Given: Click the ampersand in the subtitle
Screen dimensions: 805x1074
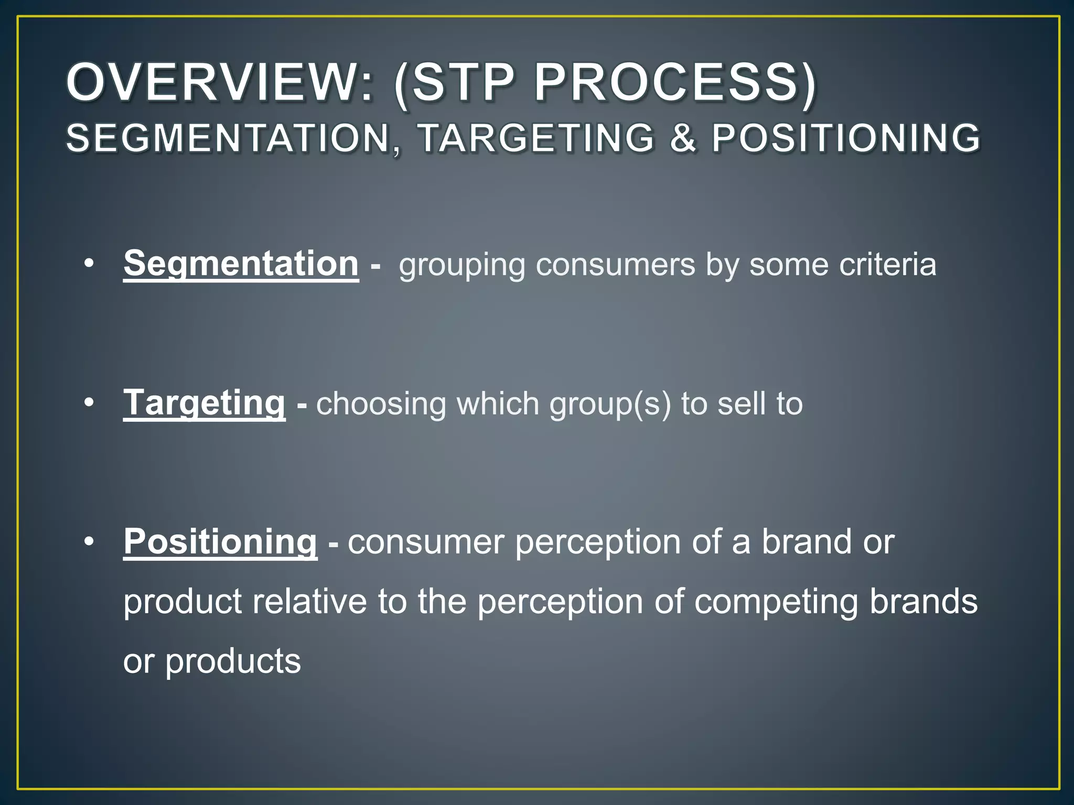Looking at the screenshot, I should tap(683, 138).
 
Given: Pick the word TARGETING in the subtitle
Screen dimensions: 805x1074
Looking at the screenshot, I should tap(537, 138).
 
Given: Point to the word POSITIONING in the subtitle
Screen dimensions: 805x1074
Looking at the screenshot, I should tap(845, 138).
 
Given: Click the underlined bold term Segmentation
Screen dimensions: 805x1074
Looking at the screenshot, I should tap(241, 263).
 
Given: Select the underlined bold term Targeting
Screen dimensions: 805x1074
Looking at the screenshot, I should tap(204, 402).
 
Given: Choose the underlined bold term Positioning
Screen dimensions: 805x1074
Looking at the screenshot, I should tap(220, 541).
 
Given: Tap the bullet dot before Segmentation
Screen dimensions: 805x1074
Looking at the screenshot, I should tap(89, 263).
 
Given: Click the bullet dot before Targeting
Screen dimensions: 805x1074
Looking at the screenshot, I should tap(89, 402).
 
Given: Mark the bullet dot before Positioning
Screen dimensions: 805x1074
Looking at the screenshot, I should tap(89, 541).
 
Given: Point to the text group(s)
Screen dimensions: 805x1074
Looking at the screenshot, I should tap(610, 404).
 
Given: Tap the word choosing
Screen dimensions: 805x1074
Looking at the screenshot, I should tap(381, 404).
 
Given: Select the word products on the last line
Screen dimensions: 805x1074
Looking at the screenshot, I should tap(233, 661).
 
